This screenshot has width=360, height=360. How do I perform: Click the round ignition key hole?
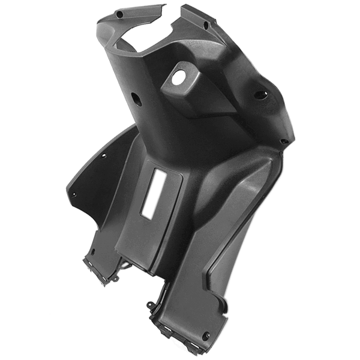click(x=179, y=77)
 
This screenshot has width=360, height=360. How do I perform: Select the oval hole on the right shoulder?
click(x=260, y=94)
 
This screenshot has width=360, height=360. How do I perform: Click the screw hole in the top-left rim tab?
click(x=119, y=13)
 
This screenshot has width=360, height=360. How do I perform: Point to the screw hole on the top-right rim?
click(x=206, y=25)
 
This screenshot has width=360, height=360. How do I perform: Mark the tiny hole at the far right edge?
click(x=284, y=142)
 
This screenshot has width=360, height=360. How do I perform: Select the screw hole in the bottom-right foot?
click(x=206, y=335)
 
